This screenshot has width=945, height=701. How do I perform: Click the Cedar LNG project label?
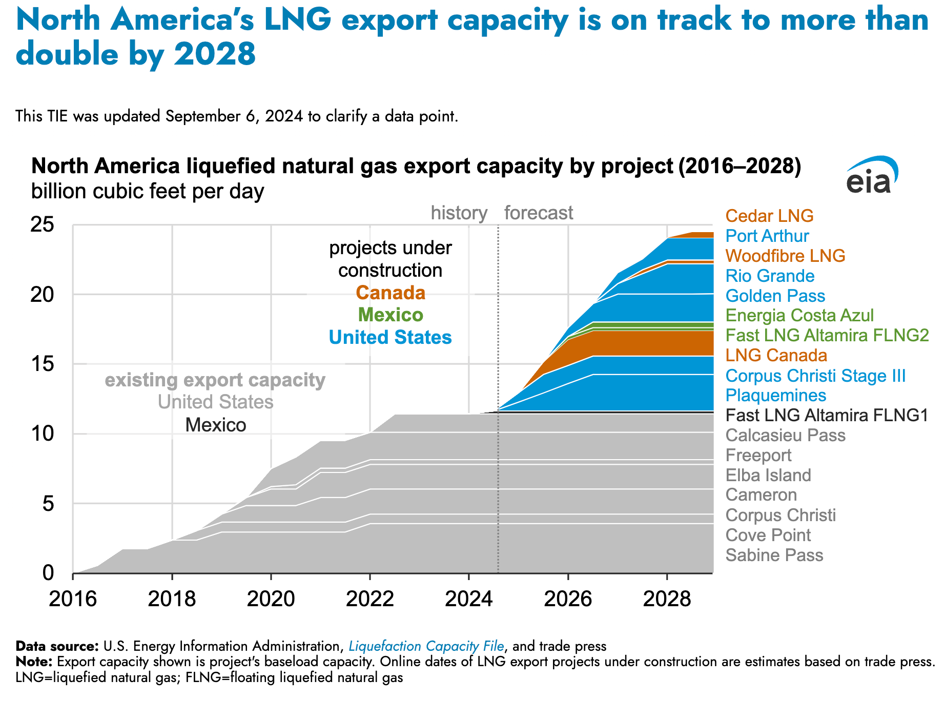[x=769, y=216]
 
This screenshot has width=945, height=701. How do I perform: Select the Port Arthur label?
[x=767, y=236]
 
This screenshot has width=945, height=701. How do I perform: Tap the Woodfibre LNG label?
[x=785, y=256]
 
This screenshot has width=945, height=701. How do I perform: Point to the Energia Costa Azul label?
[x=799, y=315]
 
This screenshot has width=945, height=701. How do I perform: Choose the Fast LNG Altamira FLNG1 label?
[x=827, y=415]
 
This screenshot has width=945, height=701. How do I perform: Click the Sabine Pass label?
[x=774, y=555]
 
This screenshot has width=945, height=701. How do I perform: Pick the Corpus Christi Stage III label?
[x=815, y=376]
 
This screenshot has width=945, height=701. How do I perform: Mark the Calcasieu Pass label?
[x=785, y=435]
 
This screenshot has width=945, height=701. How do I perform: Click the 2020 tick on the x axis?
[x=271, y=599]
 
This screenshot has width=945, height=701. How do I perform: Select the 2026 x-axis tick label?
[x=568, y=599]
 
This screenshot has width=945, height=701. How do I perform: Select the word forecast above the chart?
[x=538, y=213]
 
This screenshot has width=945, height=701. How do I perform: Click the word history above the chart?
[x=459, y=213]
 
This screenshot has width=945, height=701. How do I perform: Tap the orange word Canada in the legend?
[x=391, y=293]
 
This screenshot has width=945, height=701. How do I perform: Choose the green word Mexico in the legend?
[x=391, y=315]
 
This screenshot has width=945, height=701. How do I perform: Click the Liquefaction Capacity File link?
[x=426, y=646]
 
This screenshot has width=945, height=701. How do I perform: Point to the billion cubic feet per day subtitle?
[x=148, y=191]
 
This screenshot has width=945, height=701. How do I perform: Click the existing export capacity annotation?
[x=215, y=380]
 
